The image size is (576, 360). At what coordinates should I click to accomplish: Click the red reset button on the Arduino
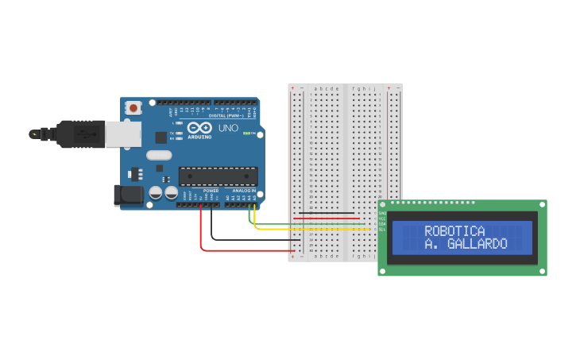click(x=133, y=107)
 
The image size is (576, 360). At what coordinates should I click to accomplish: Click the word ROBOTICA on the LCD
click(x=454, y=230)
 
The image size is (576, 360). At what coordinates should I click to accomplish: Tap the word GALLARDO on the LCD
click(x=476, y=244)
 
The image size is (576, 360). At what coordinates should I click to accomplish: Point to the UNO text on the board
click(x=227, y=127)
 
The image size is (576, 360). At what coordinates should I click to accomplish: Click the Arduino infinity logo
click(x=199, y=127)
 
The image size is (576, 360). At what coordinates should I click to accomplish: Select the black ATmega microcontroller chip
click(x=218, y=176)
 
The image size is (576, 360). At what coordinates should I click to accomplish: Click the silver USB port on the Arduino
click(x=124, y=134)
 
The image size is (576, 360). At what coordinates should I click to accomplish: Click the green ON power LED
click(x=248, y=133)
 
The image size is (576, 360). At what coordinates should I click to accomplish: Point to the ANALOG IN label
click(x=243, y=191)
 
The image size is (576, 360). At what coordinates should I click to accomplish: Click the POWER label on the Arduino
click(x=211, y=191)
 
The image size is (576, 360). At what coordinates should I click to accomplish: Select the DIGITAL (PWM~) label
click(x=226, y=116)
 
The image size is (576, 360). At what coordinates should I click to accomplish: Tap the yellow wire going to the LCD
click(x=310, y=229)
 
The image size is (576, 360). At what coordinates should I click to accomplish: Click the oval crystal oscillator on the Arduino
click(x=159, y=156)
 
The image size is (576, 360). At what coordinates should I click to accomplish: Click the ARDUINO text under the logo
click(x=199, y=137)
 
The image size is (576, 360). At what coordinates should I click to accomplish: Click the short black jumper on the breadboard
click(x=326, y=213)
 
